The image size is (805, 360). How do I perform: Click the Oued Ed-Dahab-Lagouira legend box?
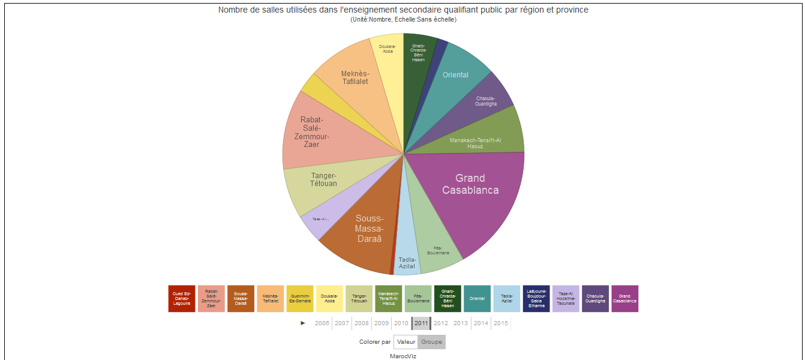pyautogui.click(x=182, y=299)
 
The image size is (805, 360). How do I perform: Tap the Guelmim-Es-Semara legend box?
pyautogui.click(x=300, y=299)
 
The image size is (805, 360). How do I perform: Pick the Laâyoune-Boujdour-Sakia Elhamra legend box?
pyautogui.click(x=536, y=299)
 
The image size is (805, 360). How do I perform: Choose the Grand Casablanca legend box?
pyautogui.click(x=624, y=299)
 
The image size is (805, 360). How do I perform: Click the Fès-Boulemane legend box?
pyautogui.click(x=418, y=299)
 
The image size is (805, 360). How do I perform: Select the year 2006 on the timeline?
pyautogui.click(x=322, y=323)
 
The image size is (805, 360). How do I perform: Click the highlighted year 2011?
pyautogui.click(x=421, y=323)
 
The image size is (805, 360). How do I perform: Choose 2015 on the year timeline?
pyautogui.click(x=501, y=323)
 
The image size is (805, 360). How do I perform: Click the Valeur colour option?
pyautogui.click(x=406, y=342)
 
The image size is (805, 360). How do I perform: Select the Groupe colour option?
pyautogui.click(x=431, y=342)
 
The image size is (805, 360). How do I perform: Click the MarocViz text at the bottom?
pyautogui.click(x=403, y=356)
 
